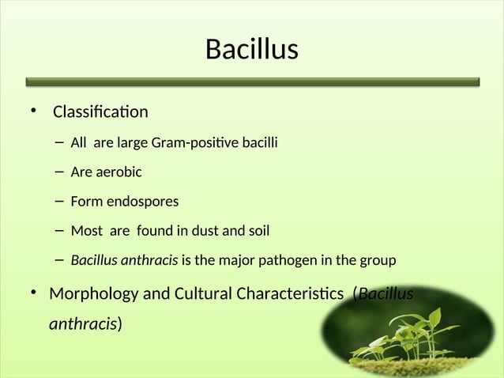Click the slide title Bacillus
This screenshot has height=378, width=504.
coord(251,50)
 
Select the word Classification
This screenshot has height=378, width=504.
coord(100,112)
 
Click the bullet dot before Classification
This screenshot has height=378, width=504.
coord(33,111)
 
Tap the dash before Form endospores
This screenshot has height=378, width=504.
coord(60,201)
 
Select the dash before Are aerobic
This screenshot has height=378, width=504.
coord(60,172)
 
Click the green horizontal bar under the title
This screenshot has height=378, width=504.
coord(252,81)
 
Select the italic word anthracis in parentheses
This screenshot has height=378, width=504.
coord(83,324)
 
